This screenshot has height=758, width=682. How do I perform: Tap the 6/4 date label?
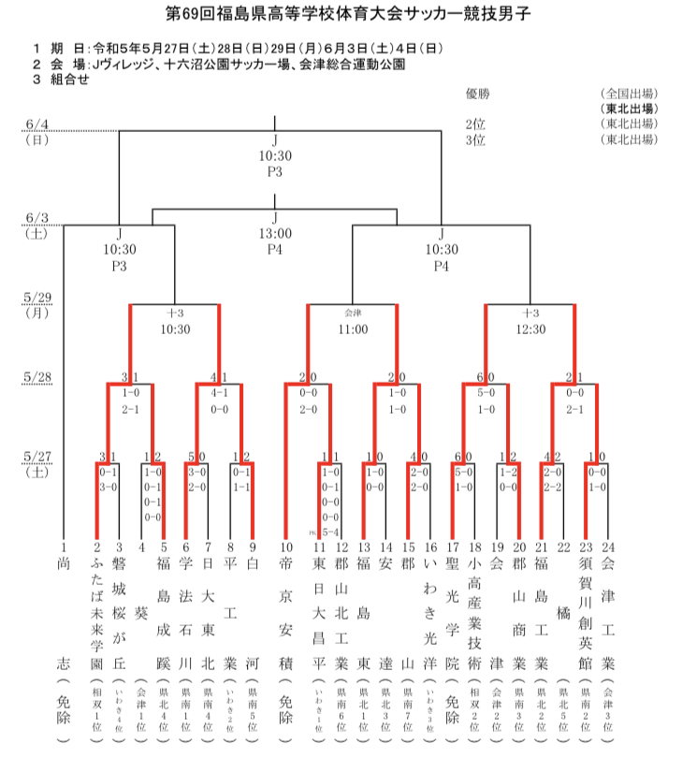tap(38, 124)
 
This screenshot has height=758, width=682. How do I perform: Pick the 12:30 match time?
tap(530, 329)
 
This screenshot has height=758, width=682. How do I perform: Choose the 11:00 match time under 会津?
tap(353, 329)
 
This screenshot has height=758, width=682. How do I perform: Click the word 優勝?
tap(477, 94)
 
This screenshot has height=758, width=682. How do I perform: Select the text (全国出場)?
tap(629, 94)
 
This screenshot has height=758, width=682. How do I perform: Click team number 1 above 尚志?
tap(64, 547)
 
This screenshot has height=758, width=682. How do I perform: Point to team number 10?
tap(286, 547)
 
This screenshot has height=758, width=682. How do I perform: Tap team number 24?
tap(608, 547)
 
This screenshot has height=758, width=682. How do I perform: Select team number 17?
tap(452, 547)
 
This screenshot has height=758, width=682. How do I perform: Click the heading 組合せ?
tap(70, 80)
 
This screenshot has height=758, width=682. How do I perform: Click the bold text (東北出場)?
tap(629, 109)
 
